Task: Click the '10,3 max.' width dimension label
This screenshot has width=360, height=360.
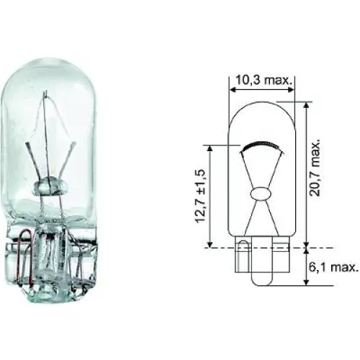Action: click(262, 81)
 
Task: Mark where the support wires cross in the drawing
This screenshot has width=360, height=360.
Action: click(260, 174)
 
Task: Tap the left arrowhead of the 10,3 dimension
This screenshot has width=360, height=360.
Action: click(232, 91)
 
